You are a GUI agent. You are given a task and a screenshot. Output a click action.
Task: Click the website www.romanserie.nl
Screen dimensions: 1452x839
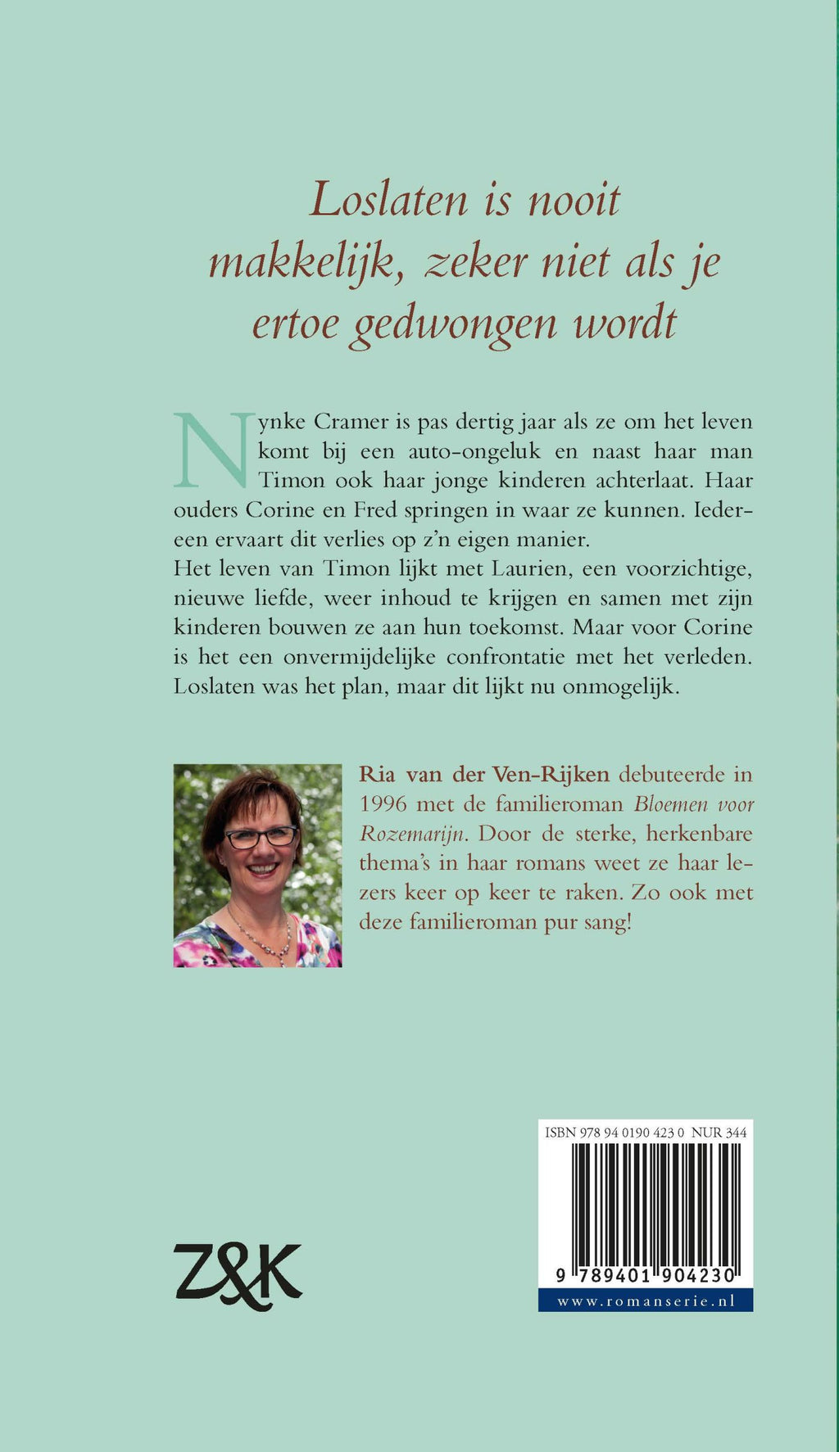point(645,1300)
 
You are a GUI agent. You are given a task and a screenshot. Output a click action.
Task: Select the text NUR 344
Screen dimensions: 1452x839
point(719,1133)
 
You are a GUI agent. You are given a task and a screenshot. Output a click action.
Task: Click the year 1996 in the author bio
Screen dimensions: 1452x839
point(383,803)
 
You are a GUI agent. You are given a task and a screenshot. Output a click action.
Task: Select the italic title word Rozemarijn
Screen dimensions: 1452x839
point(412,833)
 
